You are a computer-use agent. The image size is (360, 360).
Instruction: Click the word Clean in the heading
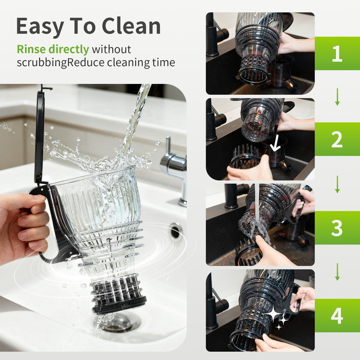131,26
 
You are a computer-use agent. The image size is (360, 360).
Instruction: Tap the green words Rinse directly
53,49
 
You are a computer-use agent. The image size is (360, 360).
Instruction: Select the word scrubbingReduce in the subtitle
60,63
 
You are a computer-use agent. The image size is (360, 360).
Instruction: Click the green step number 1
337,53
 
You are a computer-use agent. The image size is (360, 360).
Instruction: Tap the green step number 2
337,139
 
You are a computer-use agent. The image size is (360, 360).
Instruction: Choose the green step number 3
337,228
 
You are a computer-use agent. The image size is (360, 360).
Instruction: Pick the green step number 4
337,316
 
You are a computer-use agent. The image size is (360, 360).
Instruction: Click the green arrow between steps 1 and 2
337,97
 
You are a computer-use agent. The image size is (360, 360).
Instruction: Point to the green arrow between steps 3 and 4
337,272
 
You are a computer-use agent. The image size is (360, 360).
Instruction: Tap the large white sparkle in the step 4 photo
274,314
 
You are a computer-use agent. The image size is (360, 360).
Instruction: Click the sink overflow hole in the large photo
175,231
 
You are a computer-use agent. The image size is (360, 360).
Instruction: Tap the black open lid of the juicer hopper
39,137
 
